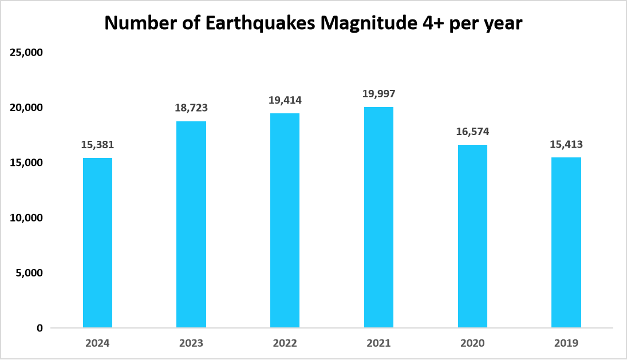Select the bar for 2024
coord(97,243)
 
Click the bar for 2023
coord(191,224)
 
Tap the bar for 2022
coord(285,220)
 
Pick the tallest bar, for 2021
coord(378,217)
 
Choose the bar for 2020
coord(472,236)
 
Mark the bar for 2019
coord(566,243)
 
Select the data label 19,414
coord(285,100)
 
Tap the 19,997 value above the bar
coord(378,94)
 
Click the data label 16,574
coord(472,132)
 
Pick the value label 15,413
coord(566,145)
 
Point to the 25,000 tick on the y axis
coord(27,53)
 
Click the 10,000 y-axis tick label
coord(27,218)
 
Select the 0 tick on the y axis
coord(40,328)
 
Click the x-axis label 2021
coord(378,343)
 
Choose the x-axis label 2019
coord(566,343)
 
